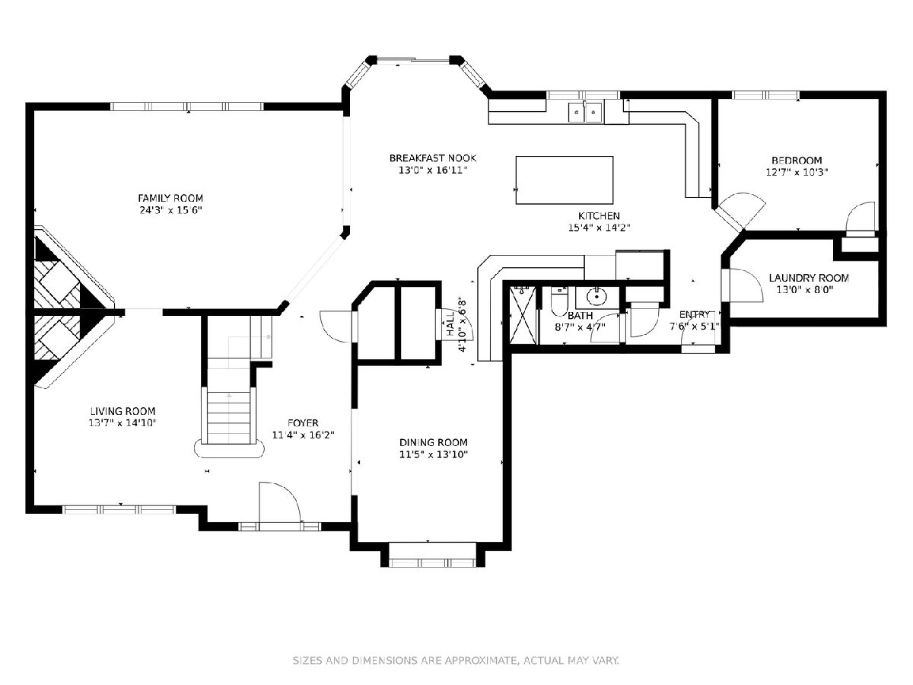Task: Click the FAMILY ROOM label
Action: (x=170, y=198)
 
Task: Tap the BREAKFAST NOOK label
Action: (x=433, y=158)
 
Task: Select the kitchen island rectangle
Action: (x=565, y=180)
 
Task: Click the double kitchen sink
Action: (x=585, y=113)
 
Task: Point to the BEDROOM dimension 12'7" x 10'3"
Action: (x=797, y=172)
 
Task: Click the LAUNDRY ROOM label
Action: (x=809, y=278)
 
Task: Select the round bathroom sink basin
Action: (x=597, y=297)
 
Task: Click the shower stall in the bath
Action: (x=523, y=315)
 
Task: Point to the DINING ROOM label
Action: (x=434, y=442)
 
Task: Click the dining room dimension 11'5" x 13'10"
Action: (x=434, y=454)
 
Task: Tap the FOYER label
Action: (x=303, y=423)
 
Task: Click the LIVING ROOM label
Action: (x=122, y=411)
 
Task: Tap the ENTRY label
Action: (x=694, y=314)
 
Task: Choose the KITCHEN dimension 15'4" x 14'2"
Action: (x=599, y=228)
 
